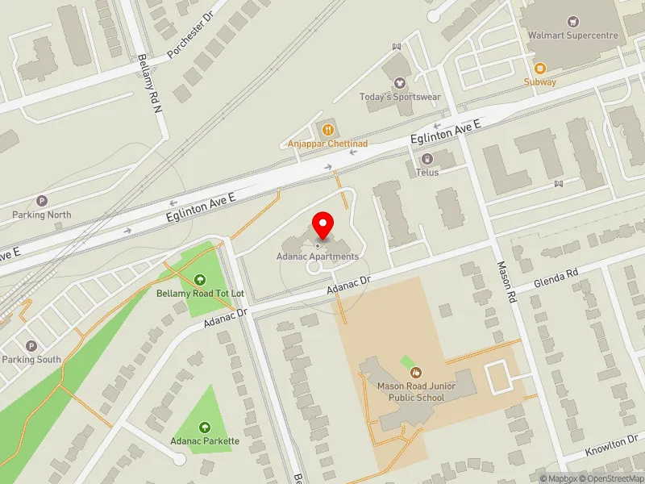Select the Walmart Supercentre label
(572, 35)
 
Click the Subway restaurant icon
(539, 68)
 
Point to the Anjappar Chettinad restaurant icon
(328, 129)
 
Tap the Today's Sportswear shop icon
(400, 82)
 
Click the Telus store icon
(427, 158)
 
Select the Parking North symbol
(42, 200)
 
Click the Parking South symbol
(31, 345)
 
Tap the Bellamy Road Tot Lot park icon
(200, 279)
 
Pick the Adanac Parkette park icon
(204, 427)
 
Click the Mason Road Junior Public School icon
(416, 372)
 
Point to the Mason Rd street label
(506, 281)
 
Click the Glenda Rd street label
(556, 279)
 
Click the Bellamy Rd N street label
(151, 82)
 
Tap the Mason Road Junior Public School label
(416, 391)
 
